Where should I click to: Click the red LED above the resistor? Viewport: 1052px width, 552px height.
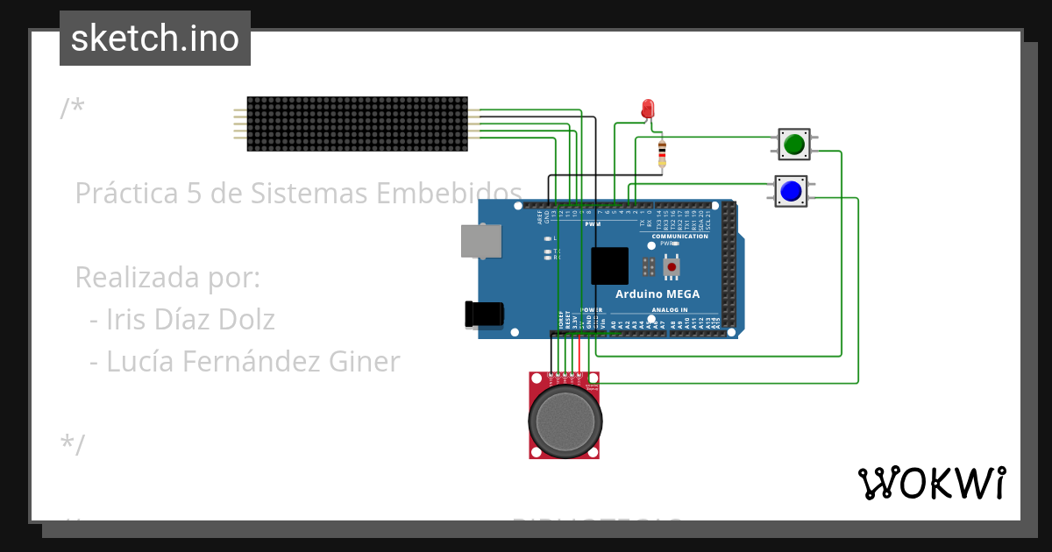click(648, 109)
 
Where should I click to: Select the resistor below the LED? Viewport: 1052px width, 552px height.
click(662, 153)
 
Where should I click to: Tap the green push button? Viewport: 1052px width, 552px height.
click(794, 144)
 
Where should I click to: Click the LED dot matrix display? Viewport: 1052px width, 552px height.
click(357, 124)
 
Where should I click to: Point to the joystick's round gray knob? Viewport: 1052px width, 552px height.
click(565, 421)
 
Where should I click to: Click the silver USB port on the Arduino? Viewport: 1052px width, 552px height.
click(481, 242)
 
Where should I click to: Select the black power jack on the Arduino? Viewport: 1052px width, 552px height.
click(484, 315)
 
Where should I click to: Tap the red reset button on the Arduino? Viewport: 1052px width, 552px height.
click(672, 265)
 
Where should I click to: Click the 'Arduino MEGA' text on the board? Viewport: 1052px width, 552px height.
click(657, 294)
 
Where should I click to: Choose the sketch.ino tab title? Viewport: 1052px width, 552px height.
click(155, 39)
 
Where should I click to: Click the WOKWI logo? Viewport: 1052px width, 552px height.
click(931, 483)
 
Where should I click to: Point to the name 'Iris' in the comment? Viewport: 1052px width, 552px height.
click(125, 320)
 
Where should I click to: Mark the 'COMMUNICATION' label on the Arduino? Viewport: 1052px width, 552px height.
click(679, 237)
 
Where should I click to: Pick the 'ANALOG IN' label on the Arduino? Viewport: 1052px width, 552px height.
click(674, 310)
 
